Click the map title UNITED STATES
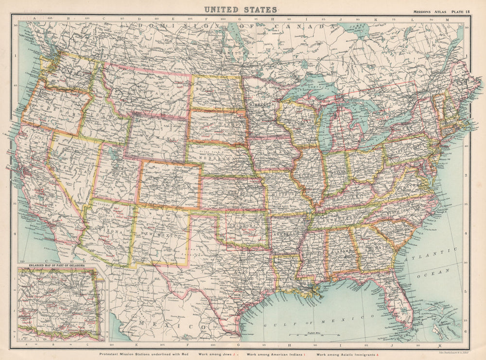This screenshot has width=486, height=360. coord(241,9)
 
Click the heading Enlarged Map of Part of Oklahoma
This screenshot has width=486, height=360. coord(56,266)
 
